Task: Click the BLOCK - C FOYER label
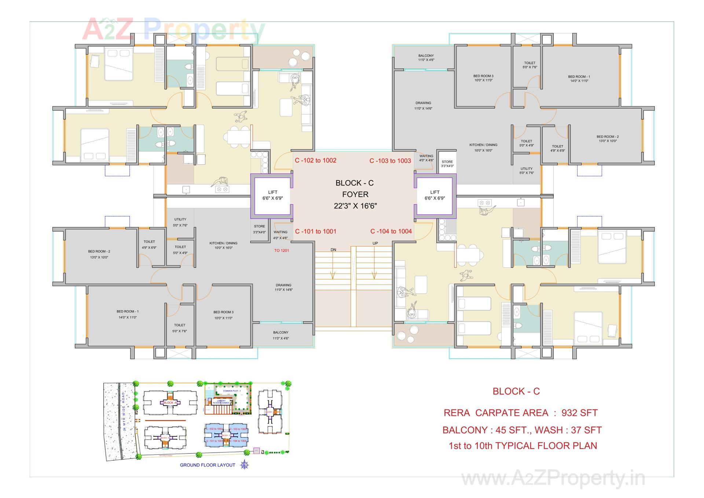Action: coord(355,194)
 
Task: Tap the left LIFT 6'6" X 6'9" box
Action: coord(272,195)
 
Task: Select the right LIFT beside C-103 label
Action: coord(434,195)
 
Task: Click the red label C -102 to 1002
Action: coord(315,160)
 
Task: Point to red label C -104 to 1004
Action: coord(391,231)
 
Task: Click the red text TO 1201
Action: coord(282,250)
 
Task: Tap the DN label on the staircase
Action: coord(333,250)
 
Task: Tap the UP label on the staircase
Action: coord(375,243)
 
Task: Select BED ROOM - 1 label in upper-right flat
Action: coord(579,78)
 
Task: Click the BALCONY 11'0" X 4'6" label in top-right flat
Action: coord(426,58)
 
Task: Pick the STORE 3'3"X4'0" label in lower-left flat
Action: coord(259,229)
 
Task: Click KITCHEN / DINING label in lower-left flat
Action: coord(223,245)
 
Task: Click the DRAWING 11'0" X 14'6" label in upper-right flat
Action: coord(423,106)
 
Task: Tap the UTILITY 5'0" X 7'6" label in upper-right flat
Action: coord(526,171)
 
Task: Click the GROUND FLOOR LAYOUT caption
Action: coord(207,465)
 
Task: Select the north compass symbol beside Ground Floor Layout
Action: coord(245,465)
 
